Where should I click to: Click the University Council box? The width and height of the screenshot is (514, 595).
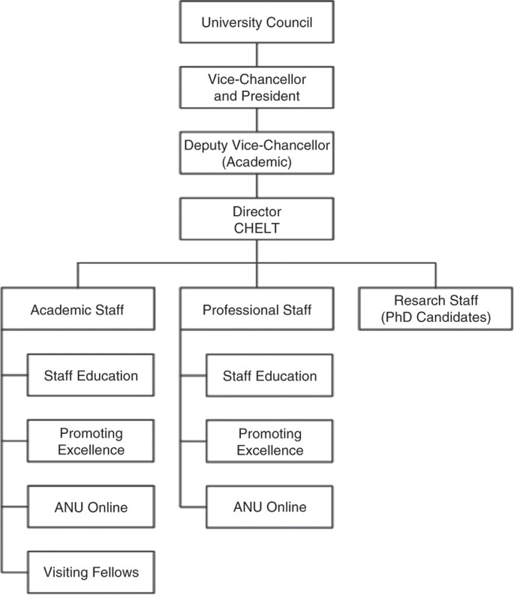click(257, 23)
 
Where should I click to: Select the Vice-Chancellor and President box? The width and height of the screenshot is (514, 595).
click(257, 86)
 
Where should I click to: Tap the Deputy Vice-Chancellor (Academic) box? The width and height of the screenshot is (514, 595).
click(257, 152)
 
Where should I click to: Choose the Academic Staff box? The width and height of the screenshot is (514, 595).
click(79, 308)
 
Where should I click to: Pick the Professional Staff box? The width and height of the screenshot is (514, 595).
click(257, 308)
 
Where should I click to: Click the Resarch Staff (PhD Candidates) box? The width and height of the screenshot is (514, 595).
click(434, 308)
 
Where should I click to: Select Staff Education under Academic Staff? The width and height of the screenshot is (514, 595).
click(90, 375)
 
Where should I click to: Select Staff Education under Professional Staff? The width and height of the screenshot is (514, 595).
click(269, 376)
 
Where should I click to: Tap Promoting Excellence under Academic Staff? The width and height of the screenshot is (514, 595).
click(90, 441)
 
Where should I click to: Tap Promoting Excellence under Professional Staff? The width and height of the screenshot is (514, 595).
click(269, 442)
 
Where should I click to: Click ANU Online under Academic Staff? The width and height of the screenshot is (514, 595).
click(90, 507)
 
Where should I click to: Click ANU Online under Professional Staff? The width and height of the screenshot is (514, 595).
click(269, 507)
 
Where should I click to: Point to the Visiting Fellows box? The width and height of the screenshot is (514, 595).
click(90, 572)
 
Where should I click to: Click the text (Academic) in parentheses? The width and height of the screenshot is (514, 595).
click(257, 161)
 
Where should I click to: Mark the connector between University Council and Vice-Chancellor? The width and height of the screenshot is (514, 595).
click(257, 54)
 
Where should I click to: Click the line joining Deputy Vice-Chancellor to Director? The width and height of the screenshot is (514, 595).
click(257, 186)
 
